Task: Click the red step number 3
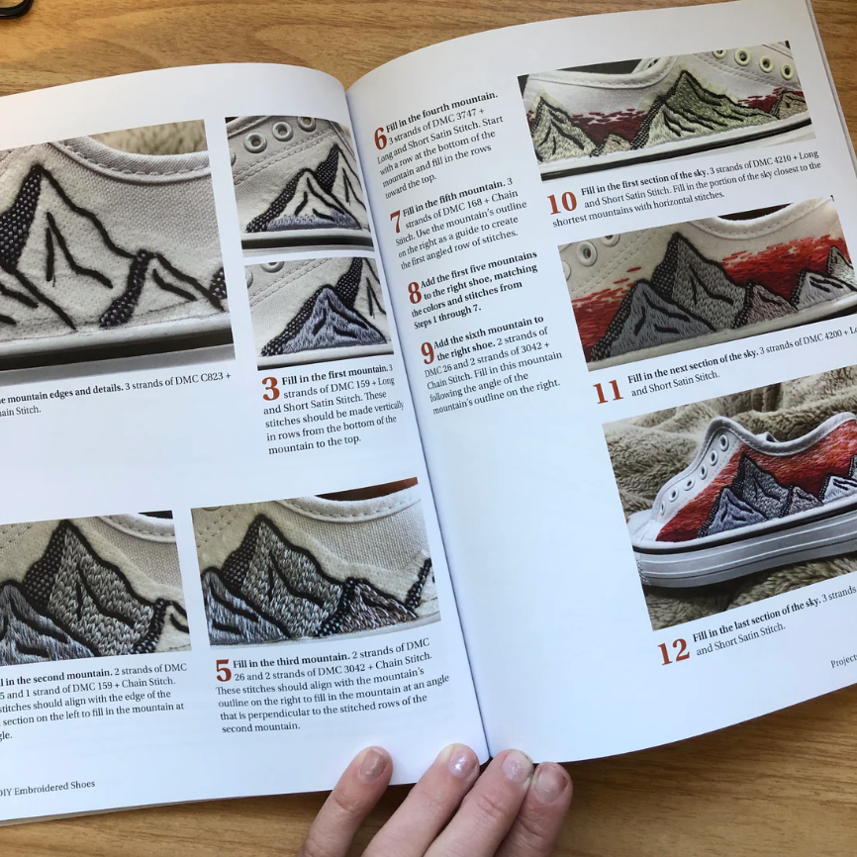(x=270, y=388)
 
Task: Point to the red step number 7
(x=395, y=221)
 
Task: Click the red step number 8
(x=414, y=292)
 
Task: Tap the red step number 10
(x=561, y=203)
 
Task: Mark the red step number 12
(x=674, y=650)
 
